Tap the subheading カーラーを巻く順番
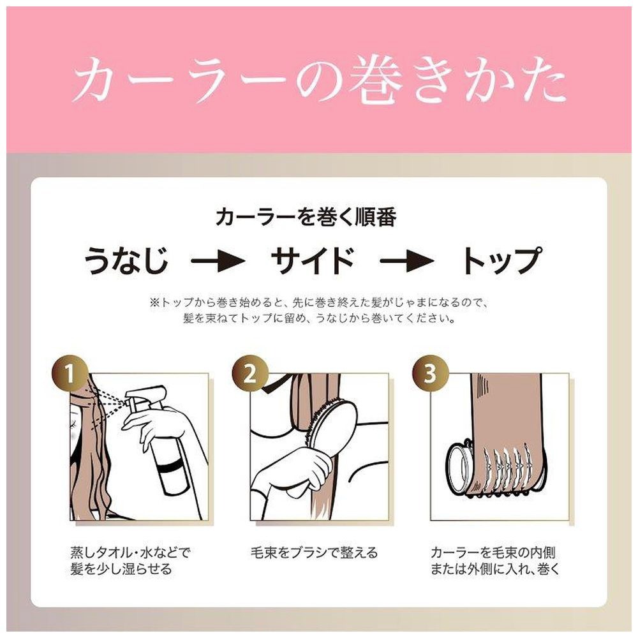[x=306, y=217]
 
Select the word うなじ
[x=126, y=260]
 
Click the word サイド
[x=313, y=260]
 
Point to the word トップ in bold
[x=502, y=260]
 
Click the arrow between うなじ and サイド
[x=218, y=260]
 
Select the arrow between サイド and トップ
[x=407, y=260]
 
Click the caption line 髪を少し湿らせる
[x=121, y=569]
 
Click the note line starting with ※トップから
[x=318, y=302]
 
